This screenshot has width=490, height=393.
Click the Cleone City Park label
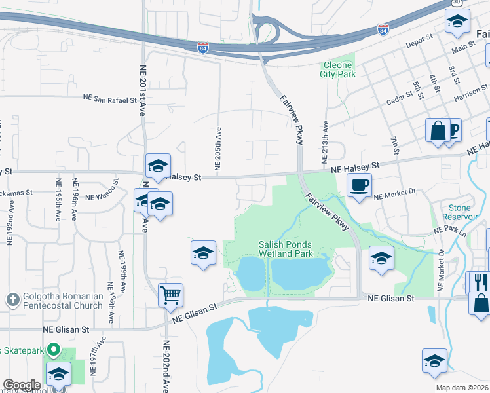(338, 70)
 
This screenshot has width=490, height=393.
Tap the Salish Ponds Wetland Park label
(284, 249)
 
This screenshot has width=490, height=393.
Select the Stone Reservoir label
(456, 212)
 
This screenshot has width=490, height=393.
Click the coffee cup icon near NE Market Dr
(359, 185)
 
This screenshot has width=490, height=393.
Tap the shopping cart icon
(170, 295)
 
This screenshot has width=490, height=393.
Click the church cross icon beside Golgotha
(11, 300)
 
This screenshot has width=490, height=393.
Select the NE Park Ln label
(449, 231)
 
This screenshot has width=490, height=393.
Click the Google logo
(22, 385)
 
